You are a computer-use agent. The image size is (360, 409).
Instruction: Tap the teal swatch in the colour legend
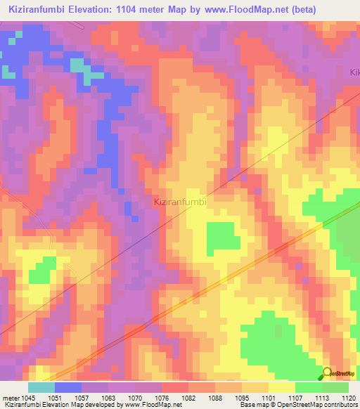point(41,387)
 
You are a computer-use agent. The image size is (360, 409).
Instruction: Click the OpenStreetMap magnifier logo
point(327,374)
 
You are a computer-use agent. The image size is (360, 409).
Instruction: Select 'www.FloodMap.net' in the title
point(245,10)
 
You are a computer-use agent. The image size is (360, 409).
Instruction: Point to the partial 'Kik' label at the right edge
point(354,72)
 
